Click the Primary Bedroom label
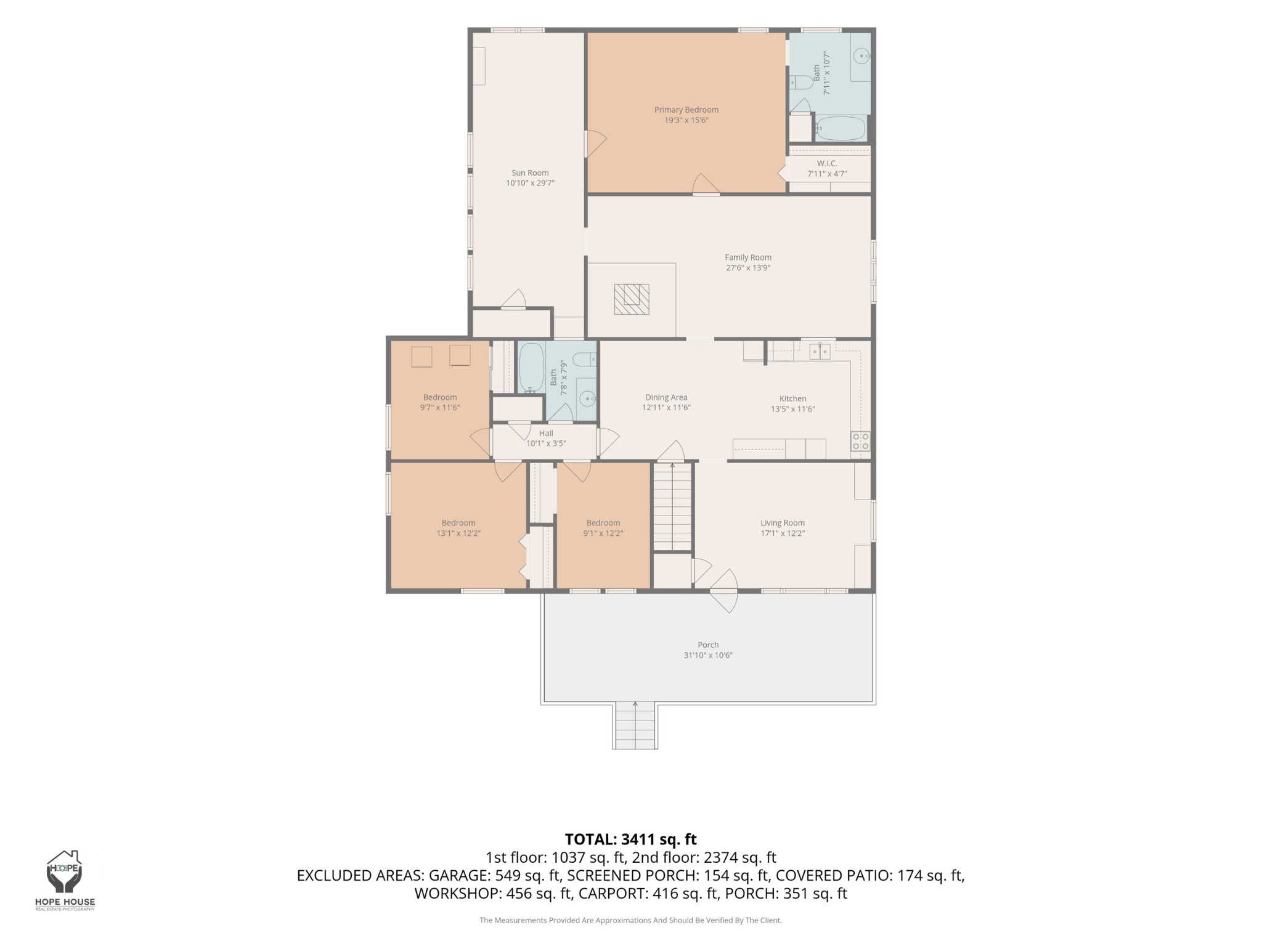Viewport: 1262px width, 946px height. [x=686, y=110]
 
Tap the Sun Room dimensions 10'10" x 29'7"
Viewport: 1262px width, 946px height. [x=530, y=183]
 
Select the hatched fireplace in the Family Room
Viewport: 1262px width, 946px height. [x=632, y=299]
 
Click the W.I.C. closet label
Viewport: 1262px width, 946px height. [x=827, y=163]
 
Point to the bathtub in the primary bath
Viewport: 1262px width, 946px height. [x=841, y=129]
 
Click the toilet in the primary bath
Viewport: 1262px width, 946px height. [x=802, y=82]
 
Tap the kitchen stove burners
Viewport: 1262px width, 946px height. [x=860, y=441]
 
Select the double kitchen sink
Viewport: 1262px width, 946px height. [x=820, y=352]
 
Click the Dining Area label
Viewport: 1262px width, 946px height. [x=666, y=397]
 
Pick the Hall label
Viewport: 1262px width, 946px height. [x=546, y=434]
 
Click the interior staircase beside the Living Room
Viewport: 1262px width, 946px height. [x=672, y=507]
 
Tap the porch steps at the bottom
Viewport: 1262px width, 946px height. [x=635, y=726]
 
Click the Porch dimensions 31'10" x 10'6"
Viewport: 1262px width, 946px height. [x=708, y=655]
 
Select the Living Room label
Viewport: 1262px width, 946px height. [x=783, y=523]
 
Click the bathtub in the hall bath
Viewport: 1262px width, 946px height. [x=532, y=368]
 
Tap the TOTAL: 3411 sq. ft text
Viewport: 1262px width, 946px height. [x=631, y=839]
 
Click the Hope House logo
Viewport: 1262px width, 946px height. [x=65, y=879]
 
